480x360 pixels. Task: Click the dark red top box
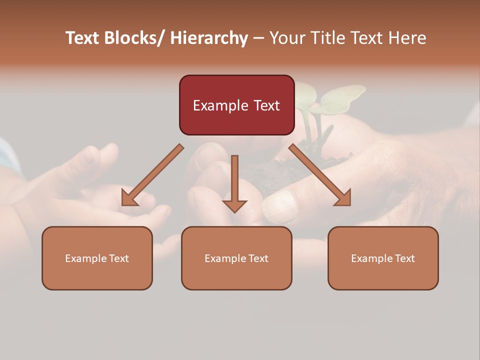pyautogui.click(x=236, y=105)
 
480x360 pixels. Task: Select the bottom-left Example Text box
pyautogui.click(x=97, y=258)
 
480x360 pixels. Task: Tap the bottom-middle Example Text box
pyautogui.click(x=236, y=258)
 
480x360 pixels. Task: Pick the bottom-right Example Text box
pyautogui.click(x=383, y=258)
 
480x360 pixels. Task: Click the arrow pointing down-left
pyautogui.click(x=152, y=175)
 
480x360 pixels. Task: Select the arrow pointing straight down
pyautogui.click(x=234, y=183)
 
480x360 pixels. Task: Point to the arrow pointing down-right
pyautogui.click(x=320, y=175)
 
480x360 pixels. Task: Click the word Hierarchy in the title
pyautogui.click(x=209, y=38)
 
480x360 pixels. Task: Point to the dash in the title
pyautogui.click(x=258, y=38)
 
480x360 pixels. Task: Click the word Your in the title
pyautogui.click(x=288, y=38)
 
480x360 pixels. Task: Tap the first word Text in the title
pyautogui.click(x=82, y=38)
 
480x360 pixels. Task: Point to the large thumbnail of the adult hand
pyautogui.click(x=280, y=206)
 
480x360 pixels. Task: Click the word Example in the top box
pyautogui.click(x=220, y=105)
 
